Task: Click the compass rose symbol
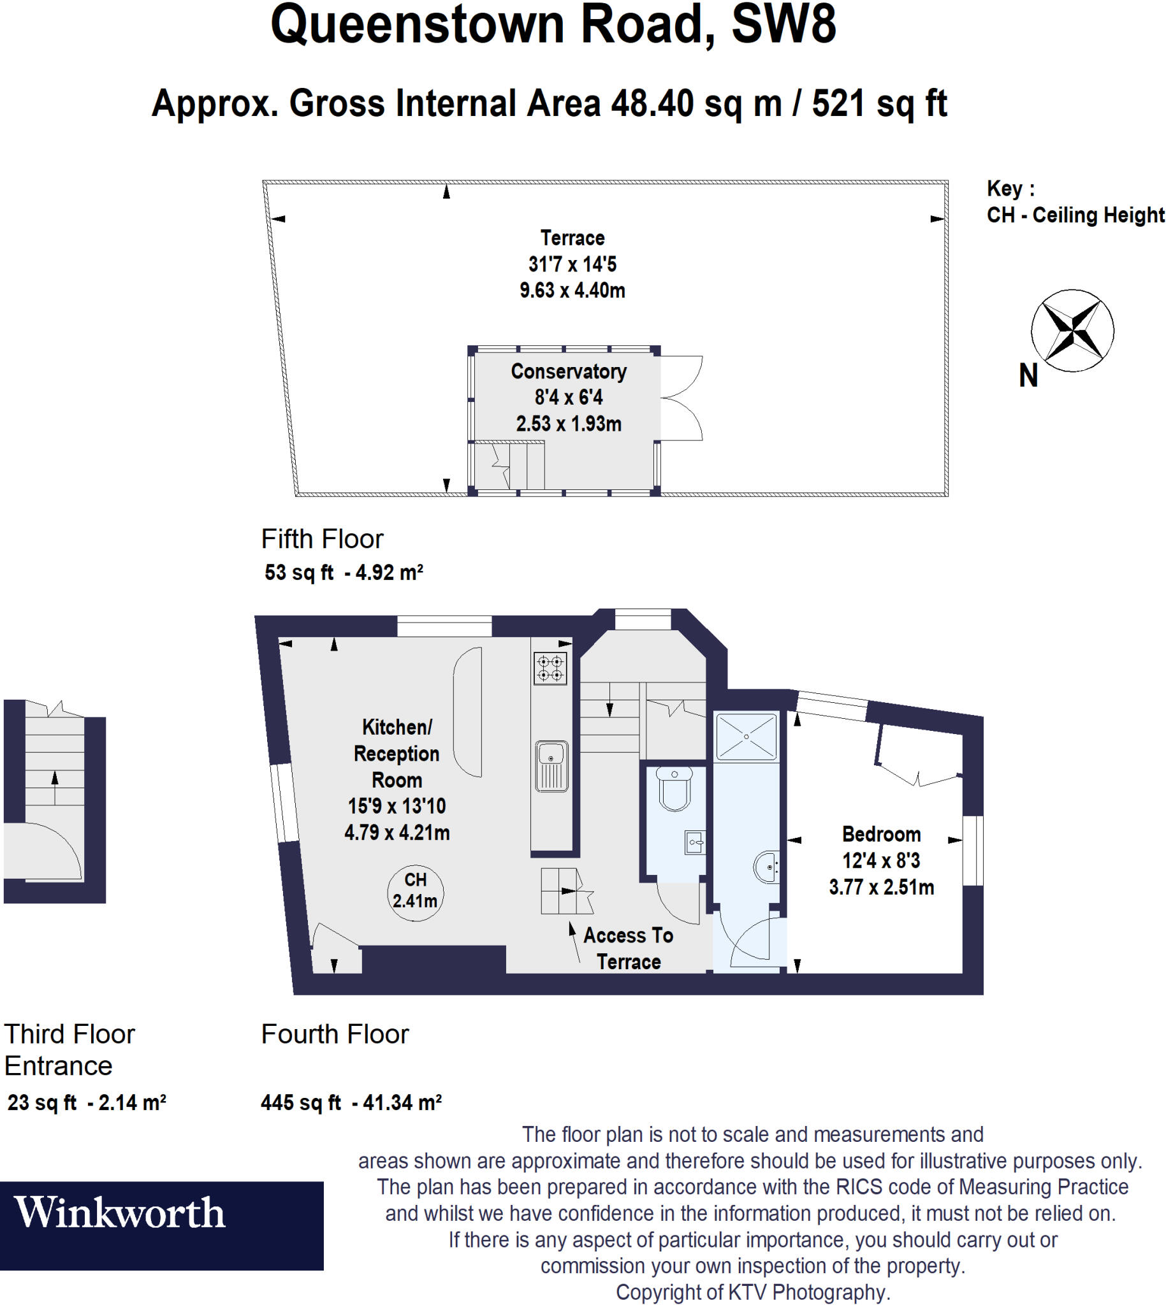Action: tap(1072, 331)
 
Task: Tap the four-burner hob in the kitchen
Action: tap(550, 668)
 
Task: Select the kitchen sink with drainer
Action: tap(551, 766)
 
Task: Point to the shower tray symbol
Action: tap(747, 737)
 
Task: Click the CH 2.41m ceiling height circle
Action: tap(415, 891)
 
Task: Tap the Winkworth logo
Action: tap(120, 1213)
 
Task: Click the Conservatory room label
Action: tap(568, 371)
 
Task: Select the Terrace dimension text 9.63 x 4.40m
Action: tap(572, 290)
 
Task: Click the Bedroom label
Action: tap(881, 833)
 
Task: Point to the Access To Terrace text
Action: tap(628, 948)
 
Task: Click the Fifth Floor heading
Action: tap(321, 539)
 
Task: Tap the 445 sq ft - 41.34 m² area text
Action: tap(351, 1102)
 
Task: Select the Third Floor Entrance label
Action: tap(69, 1050)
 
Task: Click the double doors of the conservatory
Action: tap(681, 398)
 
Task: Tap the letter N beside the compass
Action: tap(1028, 375)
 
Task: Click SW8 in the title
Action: tap(783, 24)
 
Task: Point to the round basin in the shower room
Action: tap(766, 867)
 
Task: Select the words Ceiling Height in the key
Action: tap(1098, 215)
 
